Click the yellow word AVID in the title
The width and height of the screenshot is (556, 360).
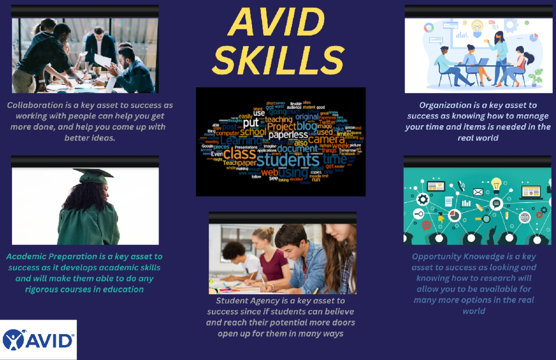tap(277, 23)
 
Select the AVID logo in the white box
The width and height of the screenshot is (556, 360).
tap(38, 340)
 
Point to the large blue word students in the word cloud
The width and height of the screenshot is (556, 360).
tap(282, 160)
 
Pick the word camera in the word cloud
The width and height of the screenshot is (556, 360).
tap(326, 139)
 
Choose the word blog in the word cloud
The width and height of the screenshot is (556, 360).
tap(307, 126)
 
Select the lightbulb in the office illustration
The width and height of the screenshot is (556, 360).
tap(477, 26)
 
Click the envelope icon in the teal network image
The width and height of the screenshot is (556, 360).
tap(478, 192)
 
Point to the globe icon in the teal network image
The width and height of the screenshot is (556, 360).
tap(524, 217)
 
